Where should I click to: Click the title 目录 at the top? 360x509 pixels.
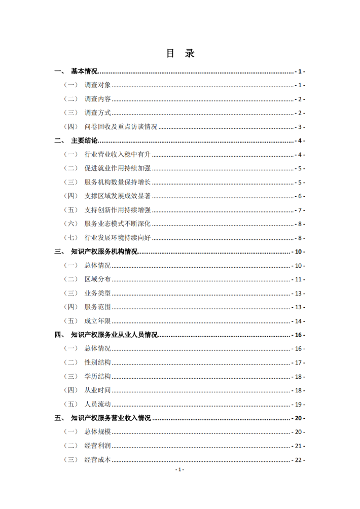click(x=180, y=53)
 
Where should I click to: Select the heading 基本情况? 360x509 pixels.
click(x=84, y=71)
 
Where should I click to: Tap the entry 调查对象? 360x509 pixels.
click(x=97, y=85)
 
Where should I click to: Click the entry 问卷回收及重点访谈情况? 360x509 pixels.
click(x=121, y=127)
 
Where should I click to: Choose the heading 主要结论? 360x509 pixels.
click(x=84, y=140)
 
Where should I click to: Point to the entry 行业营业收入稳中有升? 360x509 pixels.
click(x=118, y=155)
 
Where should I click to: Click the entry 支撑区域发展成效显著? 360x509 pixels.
click(x=118, y=196)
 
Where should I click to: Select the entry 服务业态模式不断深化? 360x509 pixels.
click(x=118, y=224)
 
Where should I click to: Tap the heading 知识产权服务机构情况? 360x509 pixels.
click(x=104, y=251)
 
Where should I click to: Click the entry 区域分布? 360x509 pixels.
click(x=97, y=279)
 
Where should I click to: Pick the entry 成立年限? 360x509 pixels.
click(x=97, y=321)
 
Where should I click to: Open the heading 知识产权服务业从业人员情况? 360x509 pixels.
click(x=114, y=335)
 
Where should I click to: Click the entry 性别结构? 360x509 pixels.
click(x=97, y=362)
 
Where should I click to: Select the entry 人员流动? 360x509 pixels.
click(x=97, y=404)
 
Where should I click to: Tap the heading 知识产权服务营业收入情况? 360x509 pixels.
click(x=111, y=418)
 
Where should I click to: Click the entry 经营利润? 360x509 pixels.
click(x=97, y=446)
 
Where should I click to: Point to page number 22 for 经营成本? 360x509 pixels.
click(x=298, y=460)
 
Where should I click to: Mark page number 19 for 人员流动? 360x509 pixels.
click(x=298, y=404)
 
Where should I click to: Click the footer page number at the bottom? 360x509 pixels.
click(x=179, y=469)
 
